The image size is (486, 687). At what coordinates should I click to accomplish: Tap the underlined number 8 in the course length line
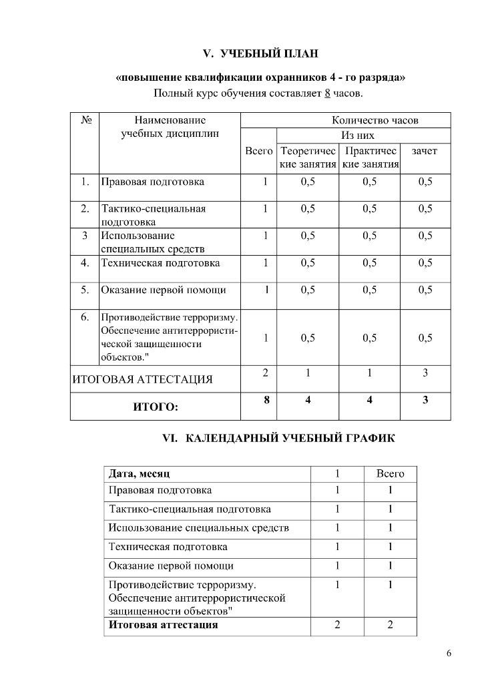[327, 93]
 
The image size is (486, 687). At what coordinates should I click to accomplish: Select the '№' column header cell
[85, 121]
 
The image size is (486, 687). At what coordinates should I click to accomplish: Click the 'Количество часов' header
[375, 121]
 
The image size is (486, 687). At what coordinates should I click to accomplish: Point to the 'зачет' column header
[425, 152]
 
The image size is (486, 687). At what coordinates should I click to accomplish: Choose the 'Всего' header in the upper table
[258, 152]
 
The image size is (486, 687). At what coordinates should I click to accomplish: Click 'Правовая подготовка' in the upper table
[153, 182]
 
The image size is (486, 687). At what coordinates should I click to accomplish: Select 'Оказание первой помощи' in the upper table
[164, 290]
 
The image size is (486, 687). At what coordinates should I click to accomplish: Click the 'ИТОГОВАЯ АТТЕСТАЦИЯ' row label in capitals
[142, 380]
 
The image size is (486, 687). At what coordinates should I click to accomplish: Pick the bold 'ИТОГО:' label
[156, 406]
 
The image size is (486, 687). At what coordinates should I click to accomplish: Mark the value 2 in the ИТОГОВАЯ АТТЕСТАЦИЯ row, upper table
[266, 373]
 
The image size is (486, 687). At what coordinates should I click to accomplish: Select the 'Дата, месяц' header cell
[140, 474]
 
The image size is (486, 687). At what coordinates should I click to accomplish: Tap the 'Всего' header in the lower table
[391, 474]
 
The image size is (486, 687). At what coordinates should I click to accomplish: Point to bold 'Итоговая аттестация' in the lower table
[164, 626]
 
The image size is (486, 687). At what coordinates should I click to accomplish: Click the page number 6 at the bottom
[449, 653]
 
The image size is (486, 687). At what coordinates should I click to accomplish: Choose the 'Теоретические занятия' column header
[308, 158]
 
